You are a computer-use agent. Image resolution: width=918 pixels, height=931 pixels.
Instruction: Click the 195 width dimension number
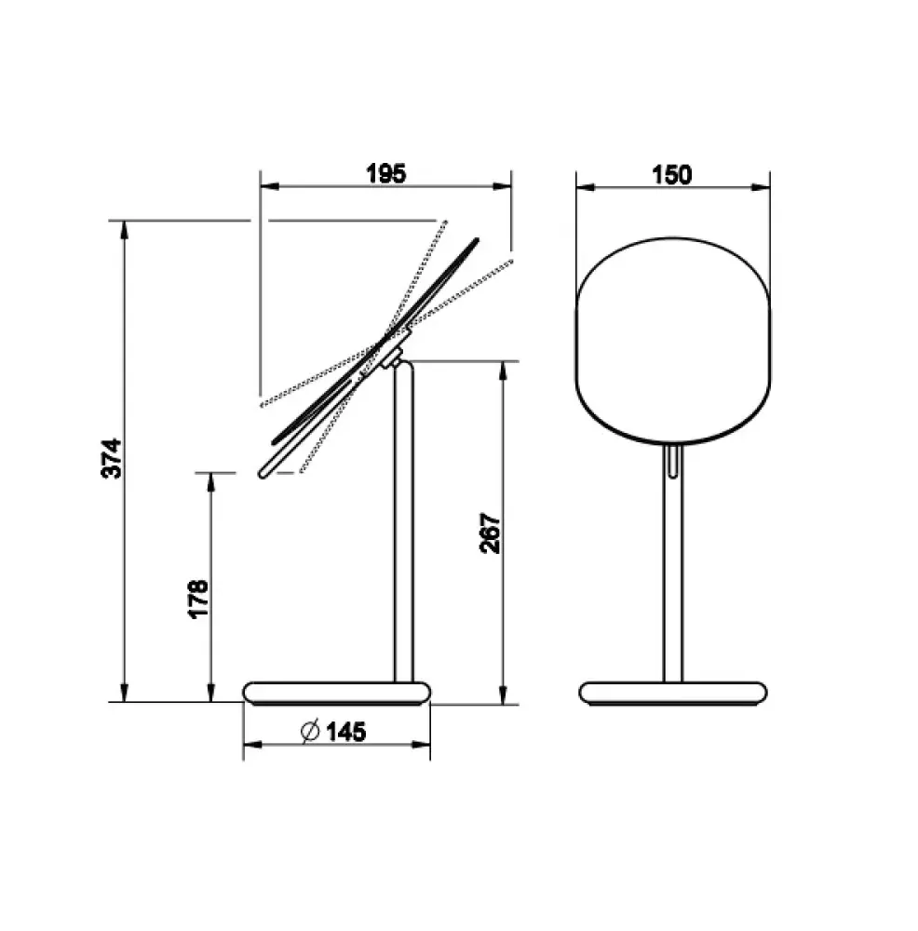(x=386, y=173)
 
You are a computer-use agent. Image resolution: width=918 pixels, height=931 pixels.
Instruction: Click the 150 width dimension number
(x=671, y=175)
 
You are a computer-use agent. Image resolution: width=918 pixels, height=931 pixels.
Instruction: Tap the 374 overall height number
(x=111, y=458)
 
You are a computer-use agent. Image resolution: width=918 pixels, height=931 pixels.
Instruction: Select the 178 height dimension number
(x=197, y=599)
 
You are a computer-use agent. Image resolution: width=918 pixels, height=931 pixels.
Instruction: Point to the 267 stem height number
(x=490, y=533)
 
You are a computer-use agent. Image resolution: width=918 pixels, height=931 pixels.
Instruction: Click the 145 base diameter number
(x=346, y=732)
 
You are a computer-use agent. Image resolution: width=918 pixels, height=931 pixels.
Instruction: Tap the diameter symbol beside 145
(x=310, y=731)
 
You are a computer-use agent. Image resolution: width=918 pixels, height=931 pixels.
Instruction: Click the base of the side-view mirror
(x=337, y=693)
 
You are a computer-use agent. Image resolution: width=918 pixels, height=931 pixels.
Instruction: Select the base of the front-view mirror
(x=673, y=693)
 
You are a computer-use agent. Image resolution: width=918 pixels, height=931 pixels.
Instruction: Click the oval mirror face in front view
(x=673, y=341)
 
